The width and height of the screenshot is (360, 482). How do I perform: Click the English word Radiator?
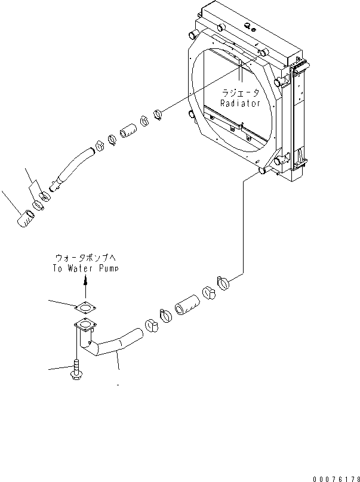pyautogui.click(x=240, y=103)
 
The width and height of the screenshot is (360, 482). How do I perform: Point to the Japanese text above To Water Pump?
pyautogui.click(x=85, y=258)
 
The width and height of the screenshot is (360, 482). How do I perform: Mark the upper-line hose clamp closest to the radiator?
pyautogui.click(x=159, y=113)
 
